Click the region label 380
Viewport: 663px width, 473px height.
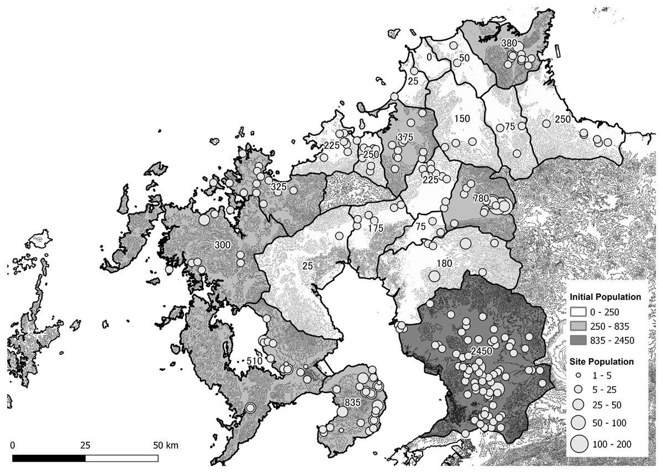(508, 43)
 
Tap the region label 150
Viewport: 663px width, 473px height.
(462, 119)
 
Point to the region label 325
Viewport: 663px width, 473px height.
(278, 187)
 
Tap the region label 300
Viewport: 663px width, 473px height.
(223, 244)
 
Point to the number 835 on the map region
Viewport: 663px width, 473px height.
(352, 402)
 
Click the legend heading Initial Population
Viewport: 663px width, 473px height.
(606, 297)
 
